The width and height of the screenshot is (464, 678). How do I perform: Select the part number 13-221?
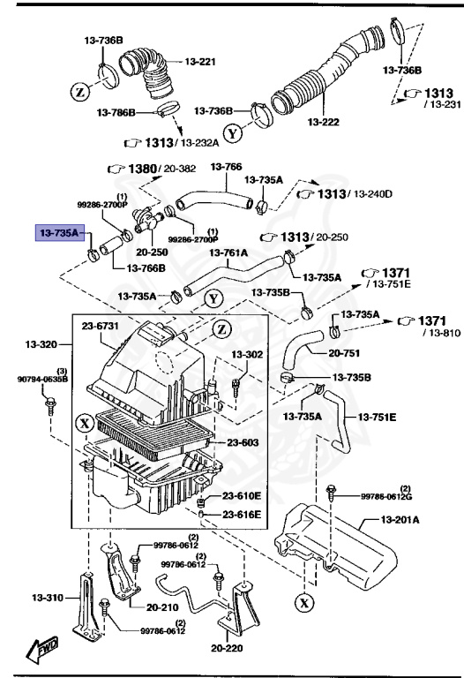pos(200,61)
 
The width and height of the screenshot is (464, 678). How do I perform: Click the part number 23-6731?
pos(101,326)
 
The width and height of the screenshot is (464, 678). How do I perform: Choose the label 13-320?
pos(41,343)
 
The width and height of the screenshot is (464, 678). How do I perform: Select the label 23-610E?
pos(242,496)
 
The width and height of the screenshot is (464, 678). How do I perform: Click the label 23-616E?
pos(242,515)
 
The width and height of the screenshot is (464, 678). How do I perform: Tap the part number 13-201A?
pos(400,520)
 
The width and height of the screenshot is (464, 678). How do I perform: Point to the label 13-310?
pos(41,598)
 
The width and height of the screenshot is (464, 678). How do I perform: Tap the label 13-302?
pos(247,354)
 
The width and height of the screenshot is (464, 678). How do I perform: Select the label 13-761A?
pos(228,252)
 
